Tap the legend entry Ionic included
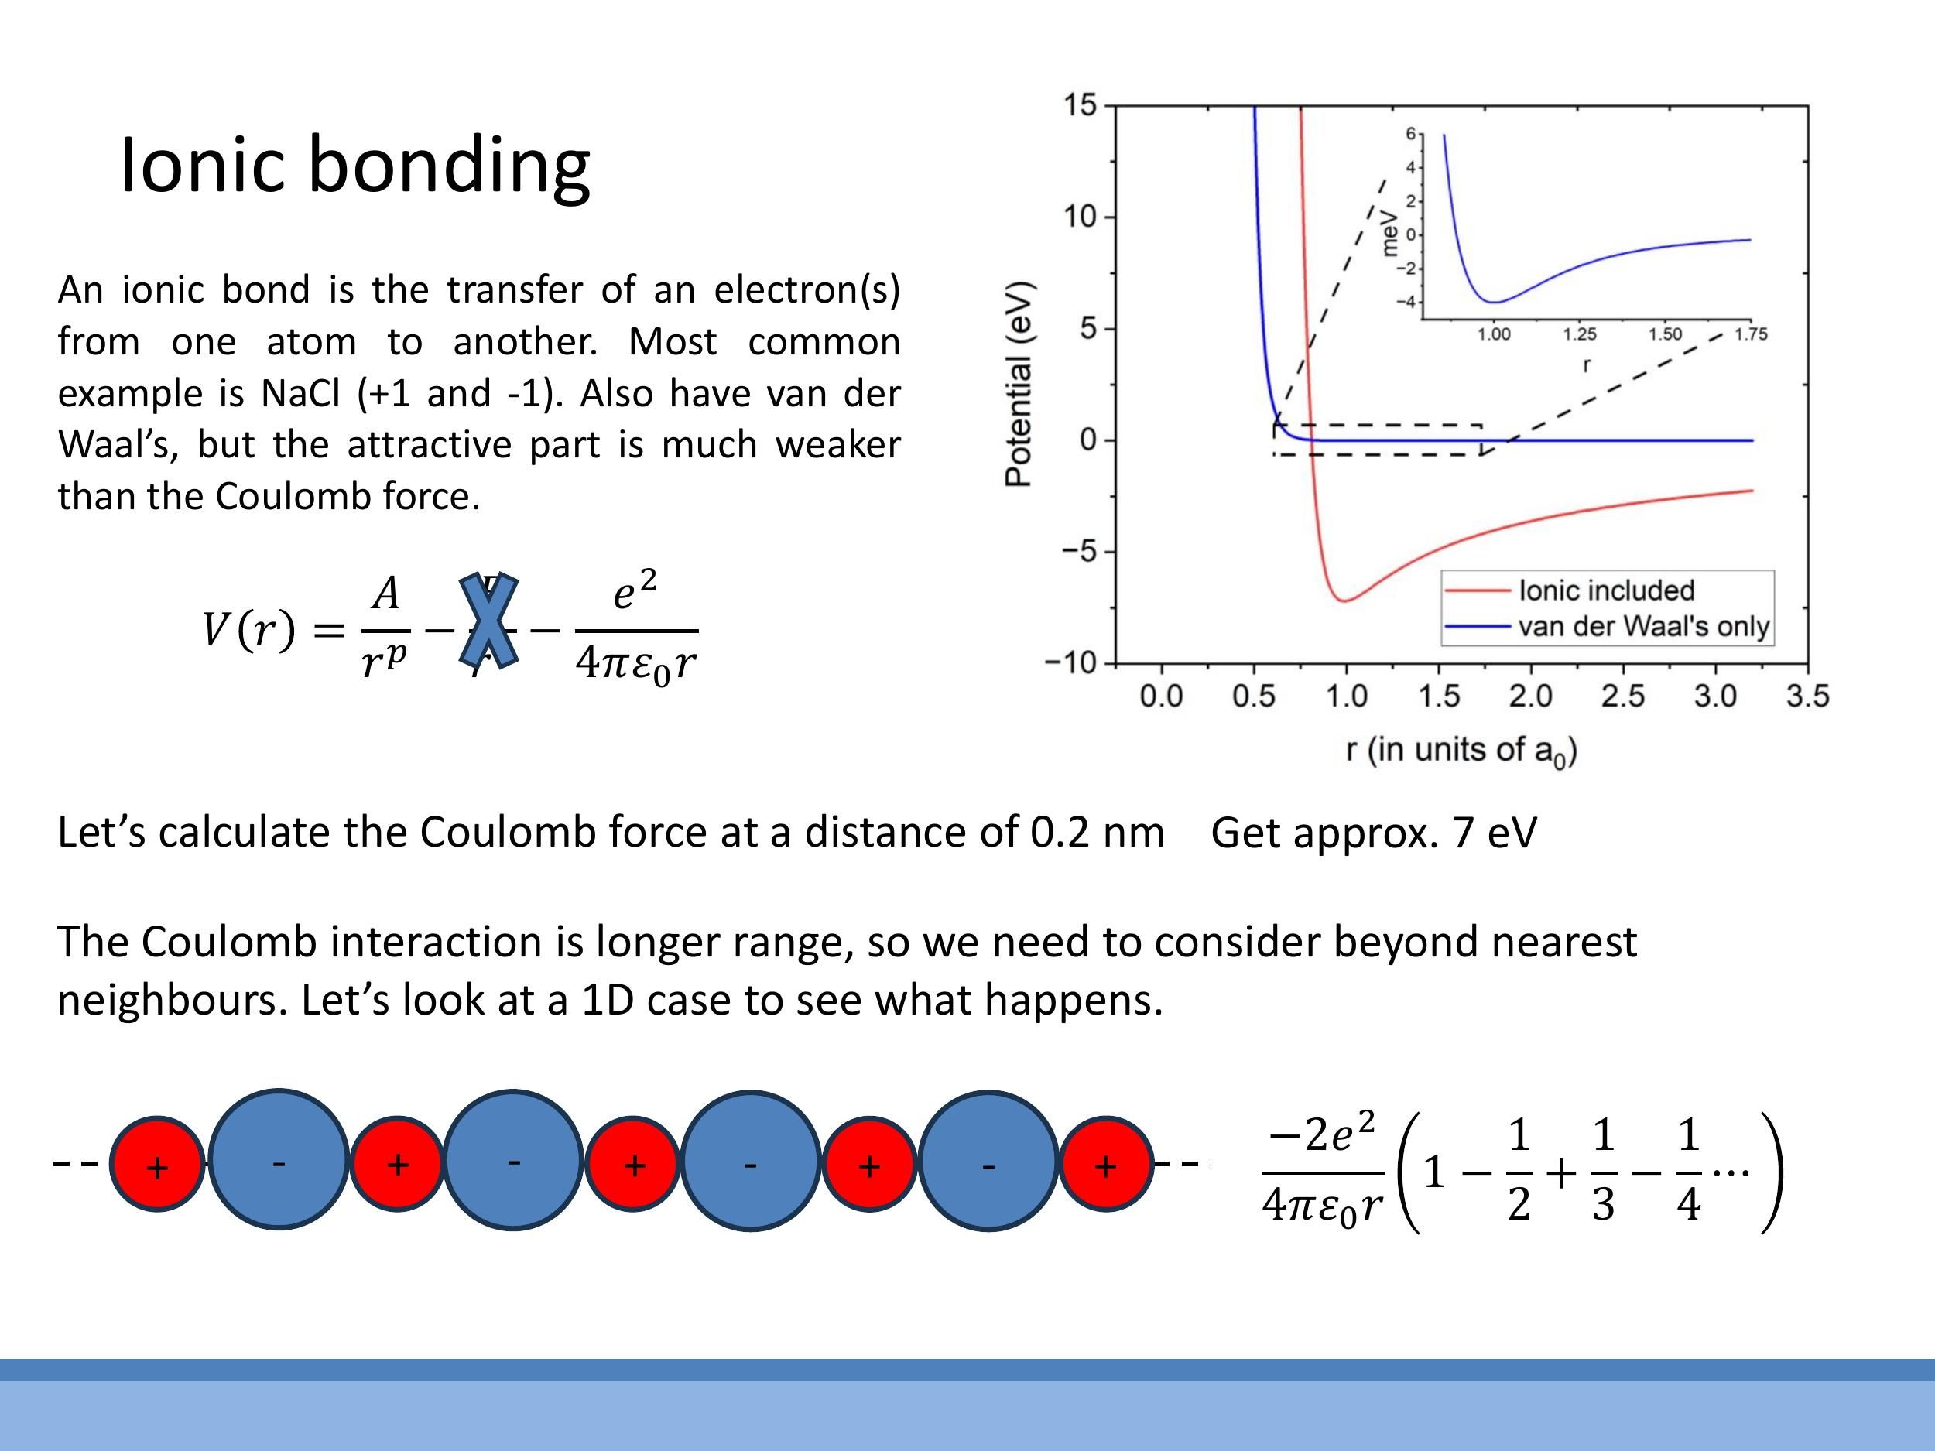pos(1606,590)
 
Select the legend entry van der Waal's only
pos(1643,626)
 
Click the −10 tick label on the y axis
pos(1070,663)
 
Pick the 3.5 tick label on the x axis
pos(1807,696)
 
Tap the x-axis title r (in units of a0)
pos(1461,751)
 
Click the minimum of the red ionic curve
pos(1344,601)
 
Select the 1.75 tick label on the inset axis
pos(1751,334)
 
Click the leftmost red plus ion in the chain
pos(157,1164)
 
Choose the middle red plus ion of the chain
pos(633,1164)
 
